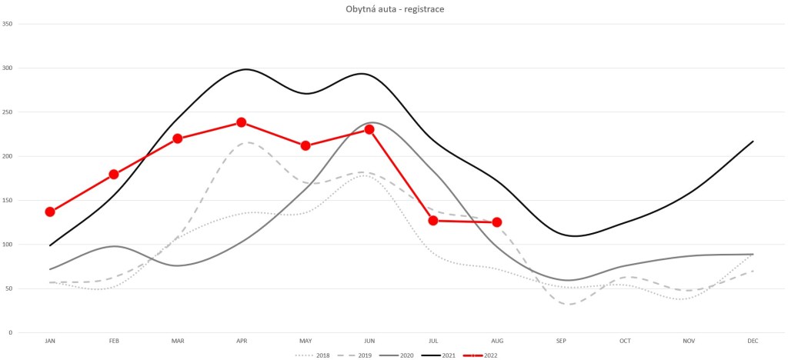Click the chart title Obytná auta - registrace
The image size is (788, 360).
click(394, 8)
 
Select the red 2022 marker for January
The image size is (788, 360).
click(50, 212)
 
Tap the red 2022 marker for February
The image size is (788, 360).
click(114, 175)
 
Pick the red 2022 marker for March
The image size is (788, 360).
click(178, 138)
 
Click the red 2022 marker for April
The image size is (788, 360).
click(242, 122)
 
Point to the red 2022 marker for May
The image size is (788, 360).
click(306, 145)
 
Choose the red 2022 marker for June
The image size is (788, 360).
click(369, 129)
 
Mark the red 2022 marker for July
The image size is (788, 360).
click(433, 221)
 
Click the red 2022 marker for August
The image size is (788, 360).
click(497, 222)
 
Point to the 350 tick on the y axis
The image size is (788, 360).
click(8, 24)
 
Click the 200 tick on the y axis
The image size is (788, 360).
click(8, 156)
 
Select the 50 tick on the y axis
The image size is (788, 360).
click(9, 289)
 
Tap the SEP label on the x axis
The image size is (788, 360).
click(561, 340)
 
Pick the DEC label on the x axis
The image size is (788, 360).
click(753, 340)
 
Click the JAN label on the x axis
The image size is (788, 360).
click(50, 340)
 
